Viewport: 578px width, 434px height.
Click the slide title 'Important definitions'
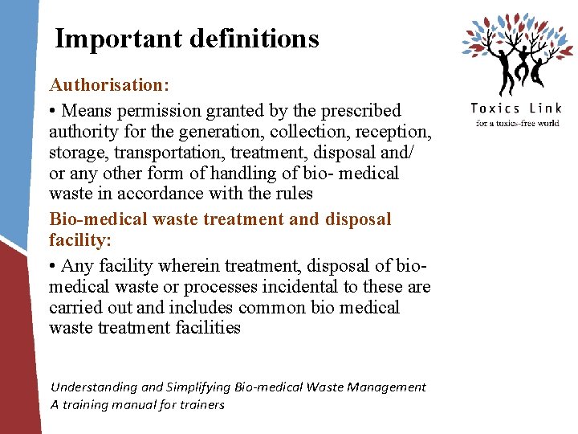(x=187, y=39)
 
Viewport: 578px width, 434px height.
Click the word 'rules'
(x=292, y=194)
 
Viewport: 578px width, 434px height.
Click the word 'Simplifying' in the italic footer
(x=193, y=387)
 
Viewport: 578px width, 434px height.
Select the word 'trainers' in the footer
(x=201, y=405)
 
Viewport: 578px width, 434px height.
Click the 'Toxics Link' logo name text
(x=515, y=108)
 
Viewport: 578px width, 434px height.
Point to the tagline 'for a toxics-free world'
(x=517, y=123)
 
